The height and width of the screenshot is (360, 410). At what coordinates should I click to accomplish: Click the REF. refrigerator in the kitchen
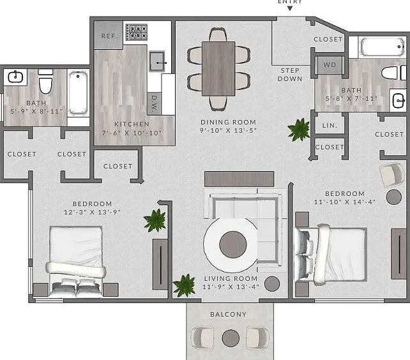pos(109,35)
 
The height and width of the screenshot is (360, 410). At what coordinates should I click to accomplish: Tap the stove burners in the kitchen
pos(137,32)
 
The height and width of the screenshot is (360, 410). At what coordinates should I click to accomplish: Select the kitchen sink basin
pos(157,61)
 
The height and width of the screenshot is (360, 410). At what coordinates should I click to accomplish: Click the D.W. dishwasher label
pos(155,103)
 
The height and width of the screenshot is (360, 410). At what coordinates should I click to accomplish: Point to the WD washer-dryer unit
pos(330,64)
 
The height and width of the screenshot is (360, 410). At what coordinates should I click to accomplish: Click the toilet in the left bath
pos(45,81)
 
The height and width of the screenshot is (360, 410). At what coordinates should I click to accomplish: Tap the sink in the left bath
pos(16,77)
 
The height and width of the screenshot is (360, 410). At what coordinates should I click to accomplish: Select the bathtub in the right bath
pos(383,47)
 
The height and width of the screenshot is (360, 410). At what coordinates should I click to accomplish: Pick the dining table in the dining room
pos(218,69)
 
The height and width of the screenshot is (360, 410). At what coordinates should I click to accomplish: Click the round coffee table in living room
pos(233,244)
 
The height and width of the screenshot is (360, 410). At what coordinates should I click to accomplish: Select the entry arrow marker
pos(290,8)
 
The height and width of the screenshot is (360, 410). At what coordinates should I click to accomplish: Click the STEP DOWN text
pos(290,75)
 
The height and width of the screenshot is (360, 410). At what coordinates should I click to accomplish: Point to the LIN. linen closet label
pos(330,126)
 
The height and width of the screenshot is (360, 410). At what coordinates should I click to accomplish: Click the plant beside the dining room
pos(299,130)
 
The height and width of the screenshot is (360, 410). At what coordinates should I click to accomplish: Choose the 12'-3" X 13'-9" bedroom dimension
pos(93,212)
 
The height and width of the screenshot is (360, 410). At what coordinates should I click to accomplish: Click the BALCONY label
pos(229,314)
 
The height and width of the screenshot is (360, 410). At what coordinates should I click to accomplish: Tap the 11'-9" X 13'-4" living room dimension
pos(231,287)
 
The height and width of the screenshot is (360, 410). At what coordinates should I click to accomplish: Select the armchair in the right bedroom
pos(391,175)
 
